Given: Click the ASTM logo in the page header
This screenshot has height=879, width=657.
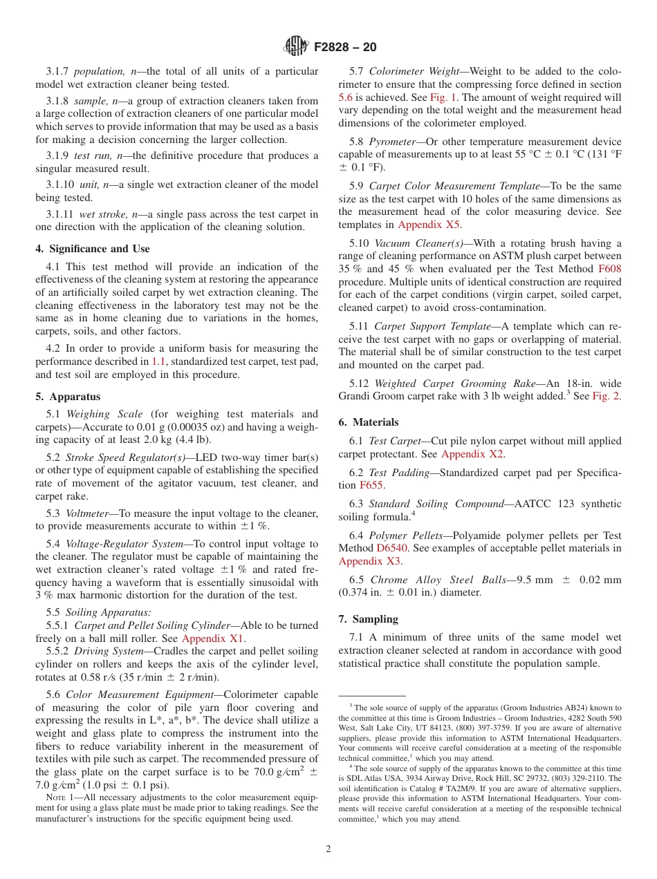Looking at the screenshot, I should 295,47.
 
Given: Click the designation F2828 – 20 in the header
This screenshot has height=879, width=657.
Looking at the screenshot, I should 345,47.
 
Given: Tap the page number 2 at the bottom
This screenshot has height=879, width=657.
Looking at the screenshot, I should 328,849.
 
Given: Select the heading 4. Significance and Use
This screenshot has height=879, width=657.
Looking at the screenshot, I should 93,249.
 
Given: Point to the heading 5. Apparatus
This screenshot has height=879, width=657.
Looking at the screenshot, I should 68,397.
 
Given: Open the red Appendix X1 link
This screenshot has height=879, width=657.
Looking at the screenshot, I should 213,639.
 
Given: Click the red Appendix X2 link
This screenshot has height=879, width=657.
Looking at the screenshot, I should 472,454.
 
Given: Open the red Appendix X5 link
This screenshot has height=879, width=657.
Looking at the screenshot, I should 428,225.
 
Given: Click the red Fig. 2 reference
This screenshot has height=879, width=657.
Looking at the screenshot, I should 606,397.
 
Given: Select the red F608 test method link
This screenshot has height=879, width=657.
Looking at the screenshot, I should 609,282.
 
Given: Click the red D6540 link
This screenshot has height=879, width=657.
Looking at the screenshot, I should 391,548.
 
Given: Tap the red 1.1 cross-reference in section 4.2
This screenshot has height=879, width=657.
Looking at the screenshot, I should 158,361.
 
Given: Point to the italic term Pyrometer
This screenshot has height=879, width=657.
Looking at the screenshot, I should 392,142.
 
